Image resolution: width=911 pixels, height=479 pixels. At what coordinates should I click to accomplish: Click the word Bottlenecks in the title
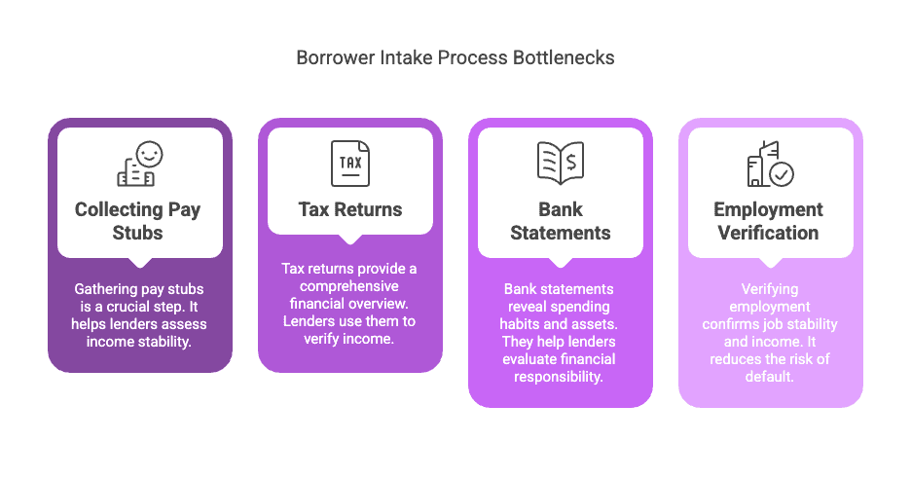(563, 57)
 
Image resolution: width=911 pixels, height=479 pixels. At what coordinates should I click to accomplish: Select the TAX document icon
(350, 164)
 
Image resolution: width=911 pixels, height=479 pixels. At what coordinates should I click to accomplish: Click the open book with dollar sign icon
(561, 163)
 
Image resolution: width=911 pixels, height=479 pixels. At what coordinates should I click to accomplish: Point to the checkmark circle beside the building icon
(782, 174)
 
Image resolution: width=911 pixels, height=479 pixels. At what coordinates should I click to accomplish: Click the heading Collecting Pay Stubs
(137, 221)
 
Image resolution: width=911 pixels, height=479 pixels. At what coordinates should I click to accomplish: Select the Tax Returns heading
(350, 209)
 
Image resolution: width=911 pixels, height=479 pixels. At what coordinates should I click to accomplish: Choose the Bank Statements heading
(561, 221)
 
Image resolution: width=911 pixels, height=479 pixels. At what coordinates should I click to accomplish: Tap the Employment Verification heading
(768, 221)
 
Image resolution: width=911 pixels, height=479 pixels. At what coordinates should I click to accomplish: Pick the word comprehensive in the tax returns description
(349, 286)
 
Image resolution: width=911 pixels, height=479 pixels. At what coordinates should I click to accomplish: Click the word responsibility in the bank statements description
(559, 377)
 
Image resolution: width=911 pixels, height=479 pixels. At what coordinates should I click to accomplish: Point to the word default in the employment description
(769, 377)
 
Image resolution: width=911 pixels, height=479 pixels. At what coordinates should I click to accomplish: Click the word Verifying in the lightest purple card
(770, 289)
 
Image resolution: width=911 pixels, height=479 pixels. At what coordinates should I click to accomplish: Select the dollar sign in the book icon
(571, 163)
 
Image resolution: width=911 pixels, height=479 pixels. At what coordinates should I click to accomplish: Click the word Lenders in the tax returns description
(306, 321)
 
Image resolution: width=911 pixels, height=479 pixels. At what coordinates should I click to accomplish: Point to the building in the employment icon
(760, 164)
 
